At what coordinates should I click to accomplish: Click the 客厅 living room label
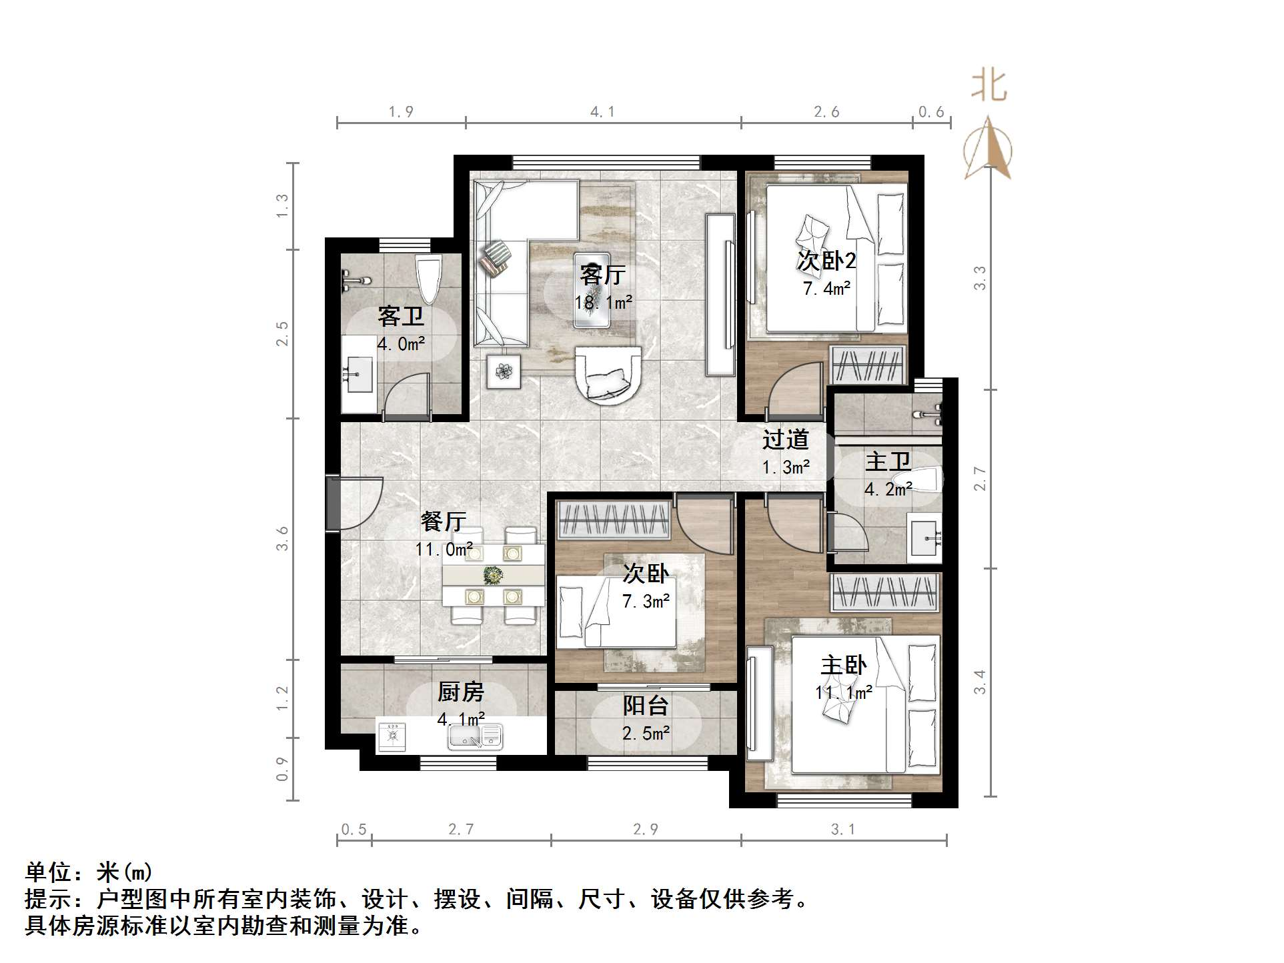coord(602,275)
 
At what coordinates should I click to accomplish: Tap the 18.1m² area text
coord(603,303)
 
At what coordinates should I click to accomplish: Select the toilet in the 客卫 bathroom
coord(428,279)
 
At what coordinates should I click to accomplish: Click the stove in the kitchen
coord(392,736)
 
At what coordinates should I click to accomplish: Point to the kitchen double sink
coord(474,736)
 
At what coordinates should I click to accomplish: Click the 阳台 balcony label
coord(645,706)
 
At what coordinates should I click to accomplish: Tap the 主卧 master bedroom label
coord(843,665)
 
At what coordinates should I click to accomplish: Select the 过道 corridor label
coord(785,439)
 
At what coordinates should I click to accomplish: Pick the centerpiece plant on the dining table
coord(493,574)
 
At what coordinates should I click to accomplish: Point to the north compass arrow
coord(988,148)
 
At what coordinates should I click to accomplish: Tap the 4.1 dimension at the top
coord(602,112)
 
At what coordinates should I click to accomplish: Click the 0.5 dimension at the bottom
coord(354,829)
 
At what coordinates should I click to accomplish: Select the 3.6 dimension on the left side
coord(283,538)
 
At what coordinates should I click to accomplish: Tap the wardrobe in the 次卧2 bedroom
coord(868,365)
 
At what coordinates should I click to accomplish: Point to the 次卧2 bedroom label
coord(826,261)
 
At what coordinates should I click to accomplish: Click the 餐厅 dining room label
coord(443,521)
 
